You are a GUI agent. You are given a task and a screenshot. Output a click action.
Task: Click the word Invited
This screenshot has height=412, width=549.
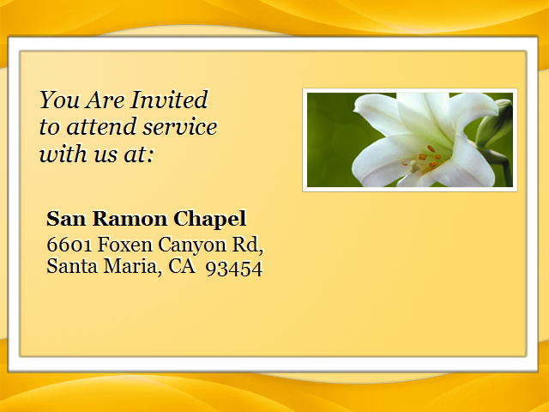(x=170, y=100)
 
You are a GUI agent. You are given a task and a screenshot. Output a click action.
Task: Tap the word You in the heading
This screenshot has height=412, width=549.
(x=59, y=100)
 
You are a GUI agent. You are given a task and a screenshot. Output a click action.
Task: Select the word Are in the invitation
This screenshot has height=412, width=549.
(x=106, y=100)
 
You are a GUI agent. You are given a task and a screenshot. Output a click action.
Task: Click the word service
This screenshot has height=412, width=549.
(x=180, y=127)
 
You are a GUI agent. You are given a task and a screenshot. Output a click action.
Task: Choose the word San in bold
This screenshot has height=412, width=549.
(x=66, y=219)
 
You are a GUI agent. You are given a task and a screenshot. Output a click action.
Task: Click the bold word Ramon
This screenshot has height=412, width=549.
(x=130, y=219)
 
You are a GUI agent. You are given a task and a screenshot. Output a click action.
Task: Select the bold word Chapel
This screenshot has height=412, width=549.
(x=210, y=220)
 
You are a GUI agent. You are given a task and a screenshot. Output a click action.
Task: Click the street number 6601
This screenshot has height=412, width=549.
(x=69, y=245)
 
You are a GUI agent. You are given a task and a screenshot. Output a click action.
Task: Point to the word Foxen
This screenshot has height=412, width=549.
(x=125, y=244)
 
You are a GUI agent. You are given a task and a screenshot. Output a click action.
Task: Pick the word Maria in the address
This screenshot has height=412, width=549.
(x=130, y=266)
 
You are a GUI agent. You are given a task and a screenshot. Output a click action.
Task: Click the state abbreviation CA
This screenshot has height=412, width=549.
(x=182, y=266)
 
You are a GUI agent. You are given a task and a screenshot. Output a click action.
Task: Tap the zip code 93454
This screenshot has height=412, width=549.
(x=234, y=269)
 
